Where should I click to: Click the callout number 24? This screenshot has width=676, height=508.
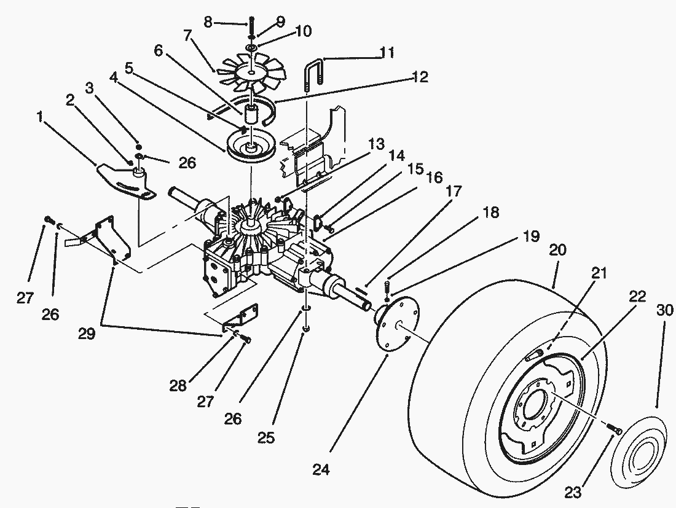(321, 470)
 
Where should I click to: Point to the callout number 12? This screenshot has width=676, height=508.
(420, 77)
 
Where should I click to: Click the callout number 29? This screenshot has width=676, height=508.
(87, 334)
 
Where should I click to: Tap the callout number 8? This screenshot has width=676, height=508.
(208, 23)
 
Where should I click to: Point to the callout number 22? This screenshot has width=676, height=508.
(637, 296)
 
